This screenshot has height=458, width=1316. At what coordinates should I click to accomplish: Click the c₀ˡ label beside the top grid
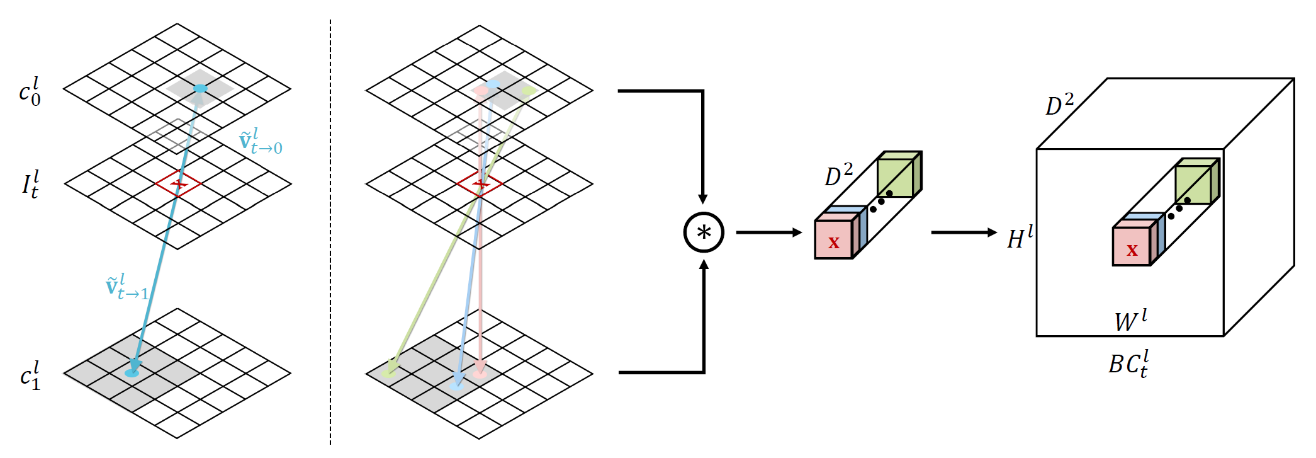(x=30, y=92)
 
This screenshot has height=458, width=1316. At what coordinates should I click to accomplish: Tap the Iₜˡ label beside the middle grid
(x=30, y=184)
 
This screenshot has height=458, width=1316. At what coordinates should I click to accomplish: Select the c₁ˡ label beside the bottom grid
(x=30, y=375)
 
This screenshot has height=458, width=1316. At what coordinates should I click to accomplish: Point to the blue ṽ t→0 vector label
(x=261, y=142)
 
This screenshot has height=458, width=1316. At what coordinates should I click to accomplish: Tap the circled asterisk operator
(x=704, y=232)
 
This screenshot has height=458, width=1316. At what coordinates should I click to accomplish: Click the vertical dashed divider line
(x=330, y=252)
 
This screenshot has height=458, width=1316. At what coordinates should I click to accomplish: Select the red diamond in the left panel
(x=179, y=184)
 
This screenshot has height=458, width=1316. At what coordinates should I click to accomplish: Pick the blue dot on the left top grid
(x=200, y=89)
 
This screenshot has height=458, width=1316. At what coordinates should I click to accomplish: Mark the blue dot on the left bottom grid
(x=132, y=373)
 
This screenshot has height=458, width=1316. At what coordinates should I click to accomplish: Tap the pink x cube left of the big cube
(x=834, y=239)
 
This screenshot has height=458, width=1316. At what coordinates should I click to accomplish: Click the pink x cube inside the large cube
(x=1132, y=247)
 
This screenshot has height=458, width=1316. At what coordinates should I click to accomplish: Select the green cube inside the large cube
(x=1193, y=184)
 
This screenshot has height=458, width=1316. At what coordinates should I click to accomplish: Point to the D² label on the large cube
(x=1059, y=105)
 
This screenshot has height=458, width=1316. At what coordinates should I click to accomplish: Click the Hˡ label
(x=1020, y=238)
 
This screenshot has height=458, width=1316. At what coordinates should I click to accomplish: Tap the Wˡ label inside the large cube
(x=1130, y=320)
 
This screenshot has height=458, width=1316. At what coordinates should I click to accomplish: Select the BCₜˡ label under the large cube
(x=1128, y=364)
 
